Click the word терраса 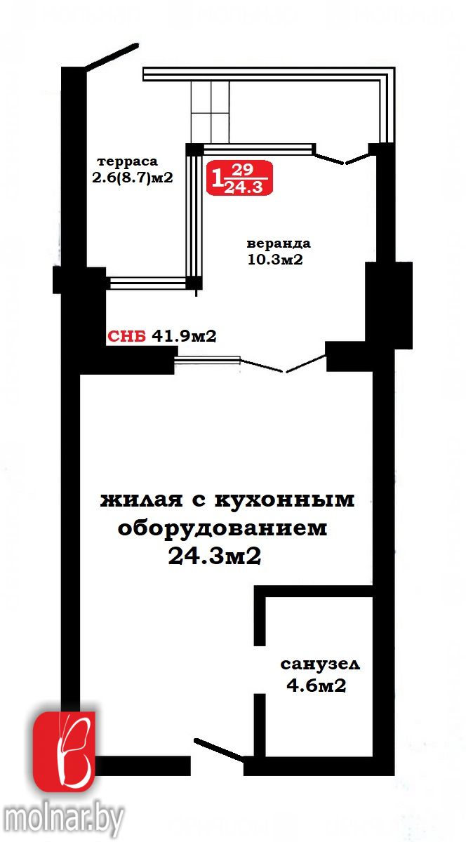[x=128, y=162]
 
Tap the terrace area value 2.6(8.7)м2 [x=133, y=178]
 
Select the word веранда [x=279, y=243]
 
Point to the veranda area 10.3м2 [x=275, y=260]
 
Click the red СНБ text [x=126, y=336]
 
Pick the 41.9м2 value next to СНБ [x=184, y=336]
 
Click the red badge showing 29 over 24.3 [x=239, y=178]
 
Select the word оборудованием [x=222, y=528]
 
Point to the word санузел [x=320, y=664]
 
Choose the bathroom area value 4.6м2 [x=317, y=686]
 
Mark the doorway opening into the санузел [x=260, y=670]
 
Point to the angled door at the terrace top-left [x=112, y=56]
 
